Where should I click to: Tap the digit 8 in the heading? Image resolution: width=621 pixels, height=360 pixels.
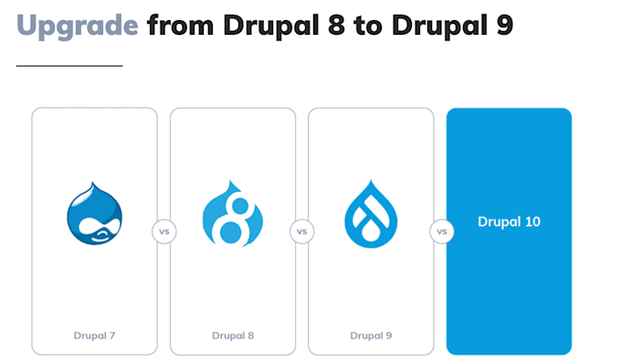(336, 25)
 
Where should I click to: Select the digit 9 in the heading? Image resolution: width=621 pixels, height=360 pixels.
(504, 25)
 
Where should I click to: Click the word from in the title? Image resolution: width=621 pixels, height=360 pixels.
(181, 25)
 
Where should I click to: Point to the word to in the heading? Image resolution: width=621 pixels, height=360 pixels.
(368, 26)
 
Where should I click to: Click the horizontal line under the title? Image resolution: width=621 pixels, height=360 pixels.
(69, 66)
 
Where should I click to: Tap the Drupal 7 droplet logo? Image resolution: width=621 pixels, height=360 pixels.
(95, 213)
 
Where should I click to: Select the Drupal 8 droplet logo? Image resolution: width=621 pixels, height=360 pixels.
(233, 214)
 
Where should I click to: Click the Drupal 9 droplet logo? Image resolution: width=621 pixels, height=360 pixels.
(371, 214)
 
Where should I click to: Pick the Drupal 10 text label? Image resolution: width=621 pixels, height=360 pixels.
(509, 222)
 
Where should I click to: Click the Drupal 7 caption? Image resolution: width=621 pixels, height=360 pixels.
(94, 336)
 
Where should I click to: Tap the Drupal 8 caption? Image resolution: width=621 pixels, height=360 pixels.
(233, 336)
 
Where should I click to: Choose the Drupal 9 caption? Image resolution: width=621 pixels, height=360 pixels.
(371, 336)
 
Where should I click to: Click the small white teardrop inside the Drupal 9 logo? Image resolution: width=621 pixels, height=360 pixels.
(371, 232)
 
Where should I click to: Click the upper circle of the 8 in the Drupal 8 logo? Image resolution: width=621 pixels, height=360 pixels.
(240, 206)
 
